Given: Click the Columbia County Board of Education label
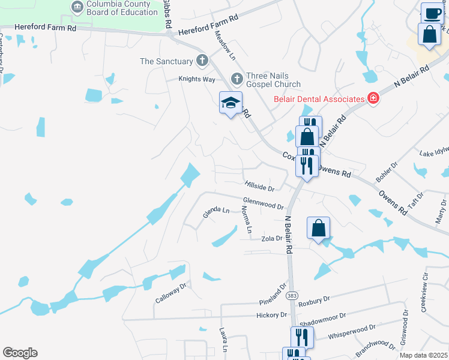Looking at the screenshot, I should [122, 8].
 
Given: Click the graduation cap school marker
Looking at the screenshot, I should [231, 104].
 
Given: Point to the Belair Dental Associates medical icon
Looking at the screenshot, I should [373, 98].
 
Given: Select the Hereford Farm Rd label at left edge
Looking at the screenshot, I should [46, 28].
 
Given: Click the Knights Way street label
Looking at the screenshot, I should [196, 79].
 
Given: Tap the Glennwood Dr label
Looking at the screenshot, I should [263, 204].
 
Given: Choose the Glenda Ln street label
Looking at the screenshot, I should [216, 211].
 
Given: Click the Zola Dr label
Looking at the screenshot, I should [272, 238].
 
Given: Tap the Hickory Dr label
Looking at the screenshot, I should [271, 315].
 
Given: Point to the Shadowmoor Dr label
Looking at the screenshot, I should [326, 316].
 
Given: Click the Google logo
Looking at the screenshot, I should [20, 353].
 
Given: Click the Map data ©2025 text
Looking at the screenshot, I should [423, 355].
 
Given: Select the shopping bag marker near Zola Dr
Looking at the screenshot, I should [318, 229].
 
